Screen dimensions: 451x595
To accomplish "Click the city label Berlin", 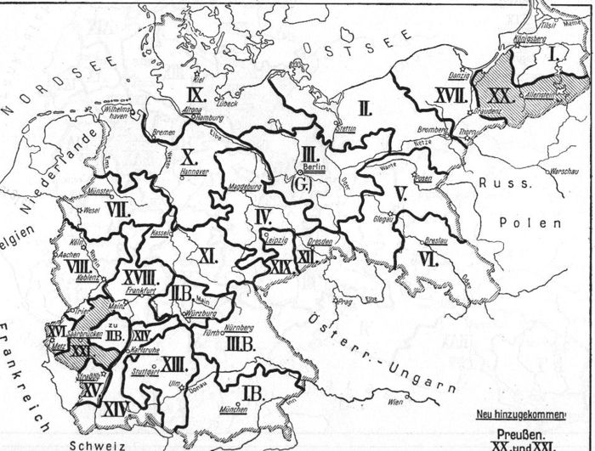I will pos(314,167).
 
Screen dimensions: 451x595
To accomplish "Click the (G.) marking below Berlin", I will pos(299,183).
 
